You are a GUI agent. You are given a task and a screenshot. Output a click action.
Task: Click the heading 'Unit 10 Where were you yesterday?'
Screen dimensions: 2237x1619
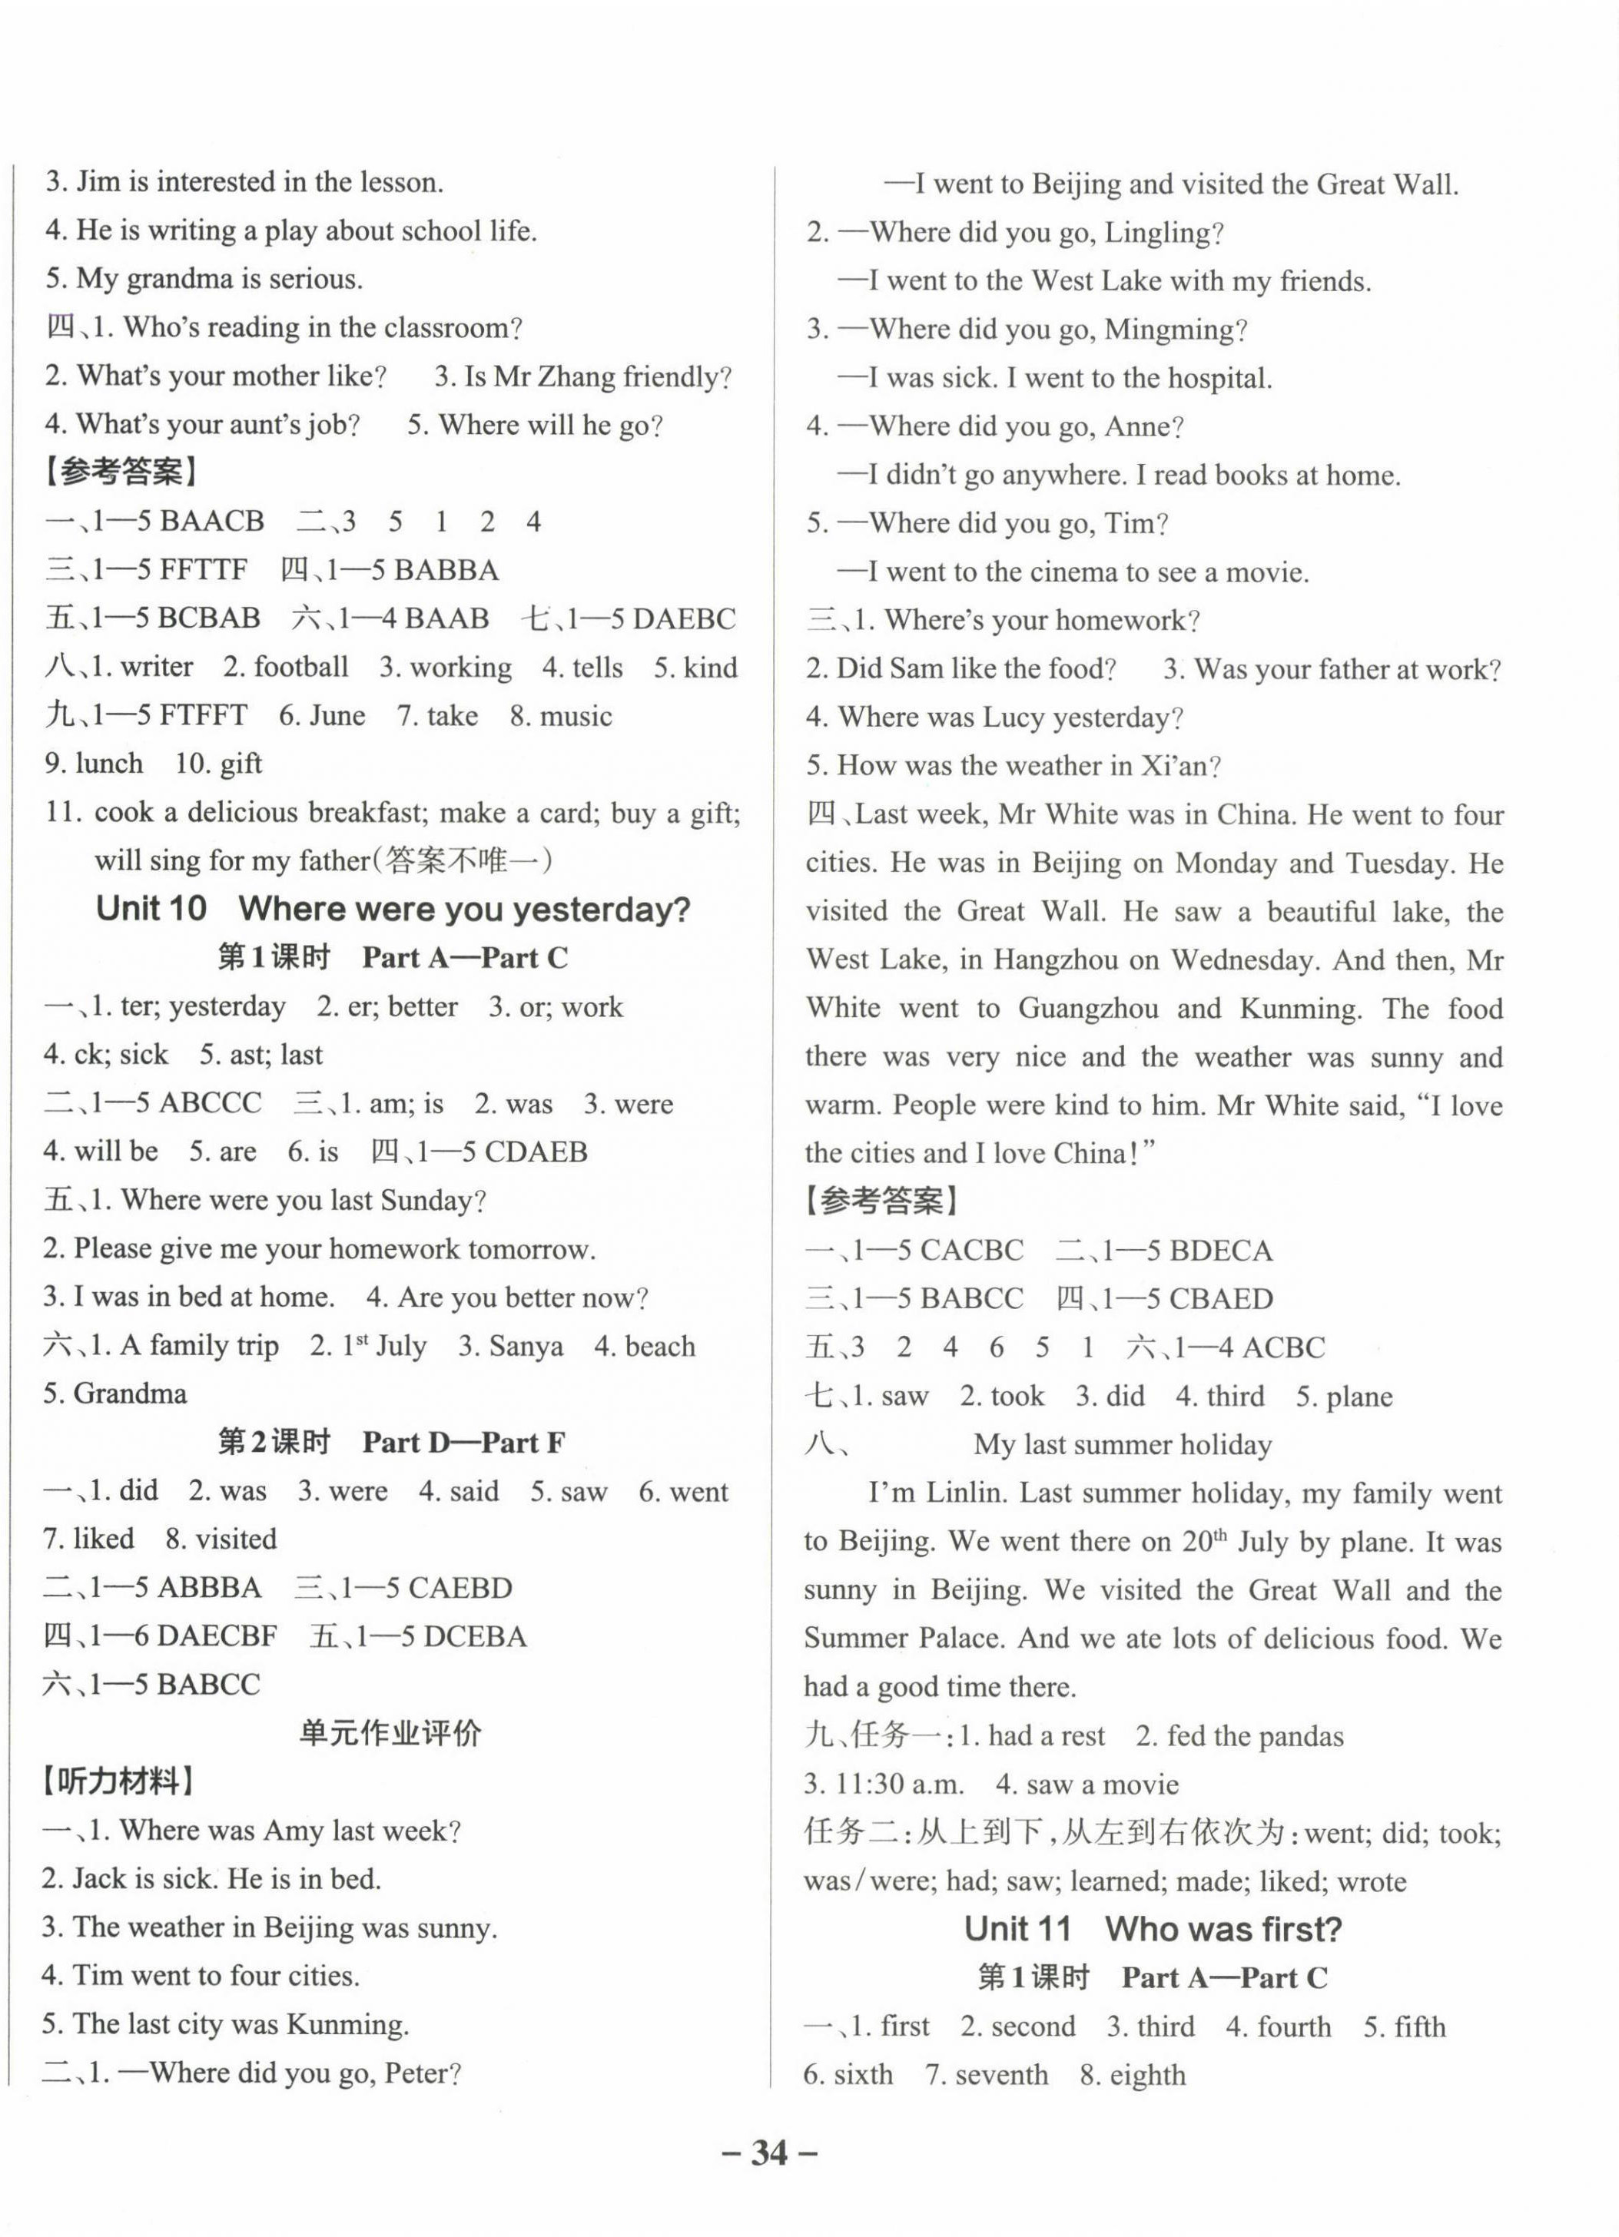(x=393, y=909)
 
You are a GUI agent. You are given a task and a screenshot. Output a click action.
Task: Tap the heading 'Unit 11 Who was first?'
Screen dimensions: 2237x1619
(x=1153, y=1928)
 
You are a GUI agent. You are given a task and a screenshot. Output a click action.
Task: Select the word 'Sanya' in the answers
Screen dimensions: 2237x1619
(x=525, y=1347)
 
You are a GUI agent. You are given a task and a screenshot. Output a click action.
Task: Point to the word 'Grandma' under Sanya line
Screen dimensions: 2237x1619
(x=129, y=1394)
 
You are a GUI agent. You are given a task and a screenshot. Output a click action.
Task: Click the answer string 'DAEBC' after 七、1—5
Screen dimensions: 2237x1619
(x=684, y=618)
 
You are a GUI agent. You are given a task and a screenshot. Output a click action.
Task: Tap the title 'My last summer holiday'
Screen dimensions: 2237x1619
(x=1122, y=1444)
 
